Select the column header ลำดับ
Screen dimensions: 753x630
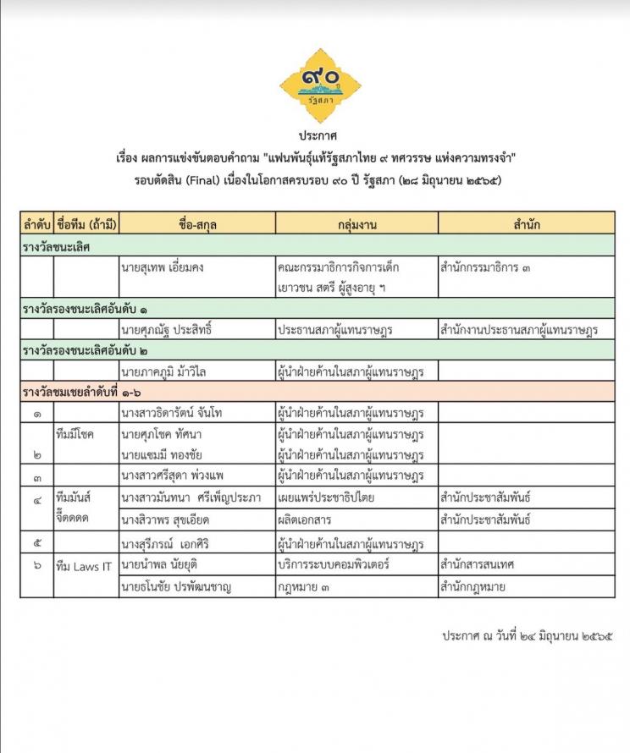click(x=36, y=224)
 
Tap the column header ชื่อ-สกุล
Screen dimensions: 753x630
click(x=197, y=224)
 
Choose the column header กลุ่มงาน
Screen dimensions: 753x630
click(x=356, y=224)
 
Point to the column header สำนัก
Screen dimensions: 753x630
click(x=526, y=224)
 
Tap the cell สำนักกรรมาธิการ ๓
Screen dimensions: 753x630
click(x=486, y=268)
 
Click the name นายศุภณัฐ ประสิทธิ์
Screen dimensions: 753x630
click(x=166, y=329)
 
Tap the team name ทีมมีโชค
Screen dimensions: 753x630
click(x=74, y=433)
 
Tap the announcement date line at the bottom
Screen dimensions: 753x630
click(x=526, y=635)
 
